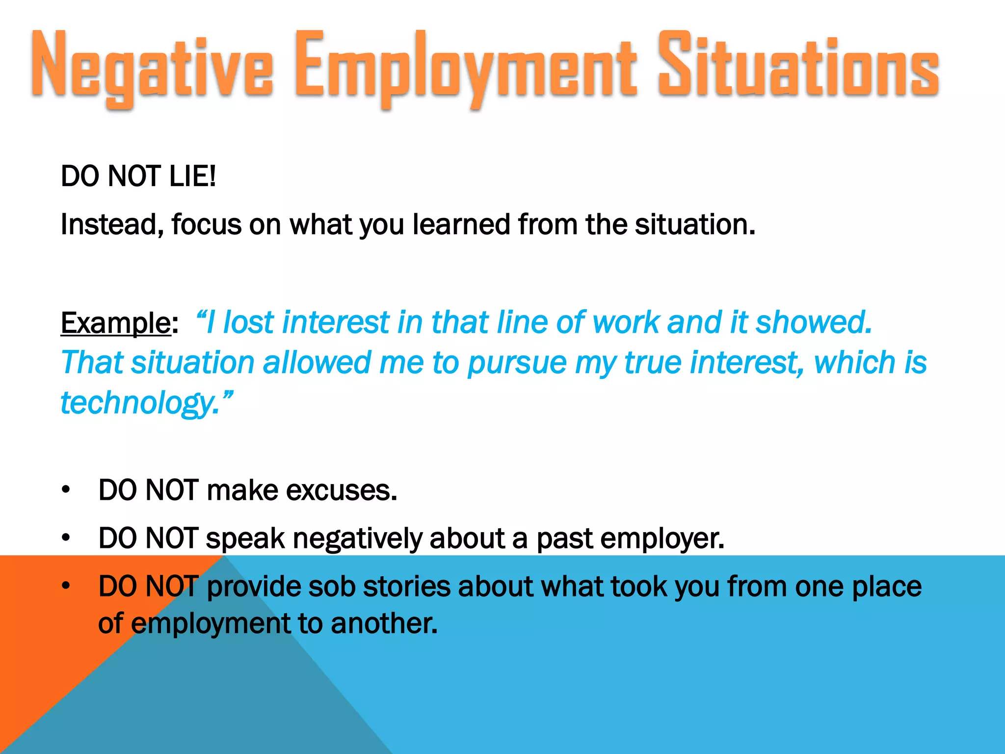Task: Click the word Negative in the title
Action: [x=152, y=66]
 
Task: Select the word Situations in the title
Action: [x=798, y=66]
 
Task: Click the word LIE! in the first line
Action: [x=192, y=176]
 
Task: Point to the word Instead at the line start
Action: [x=112, y=225]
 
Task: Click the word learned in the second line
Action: [x=461, y=224]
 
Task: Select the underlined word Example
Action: [x=115, y=323]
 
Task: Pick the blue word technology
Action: [x=140, y=403]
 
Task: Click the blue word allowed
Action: [x=317, y=363]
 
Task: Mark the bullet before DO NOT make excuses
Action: [x=66, y=490]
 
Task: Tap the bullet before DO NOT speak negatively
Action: [x=66, y=538]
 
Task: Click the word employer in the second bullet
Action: [x=662, y=539]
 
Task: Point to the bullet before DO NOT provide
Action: [x=66, y=586]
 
